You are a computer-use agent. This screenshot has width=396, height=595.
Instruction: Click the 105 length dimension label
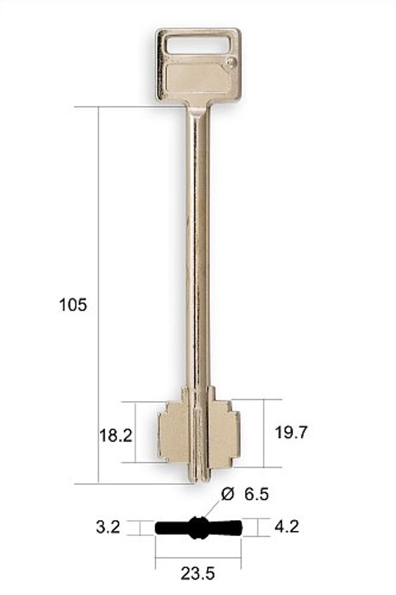[73, 305]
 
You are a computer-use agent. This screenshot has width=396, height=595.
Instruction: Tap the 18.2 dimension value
[116, 436]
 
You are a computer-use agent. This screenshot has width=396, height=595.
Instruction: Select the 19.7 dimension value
[291, 432]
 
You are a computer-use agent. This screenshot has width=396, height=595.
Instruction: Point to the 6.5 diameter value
[256, 494]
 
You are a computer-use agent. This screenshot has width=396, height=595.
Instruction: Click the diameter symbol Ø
[228, 494]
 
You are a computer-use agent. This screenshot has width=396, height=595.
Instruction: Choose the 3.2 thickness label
[108, 527]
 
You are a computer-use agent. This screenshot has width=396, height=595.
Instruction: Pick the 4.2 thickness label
[287, 527]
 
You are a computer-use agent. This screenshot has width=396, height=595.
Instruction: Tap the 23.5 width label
[197, 574]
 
